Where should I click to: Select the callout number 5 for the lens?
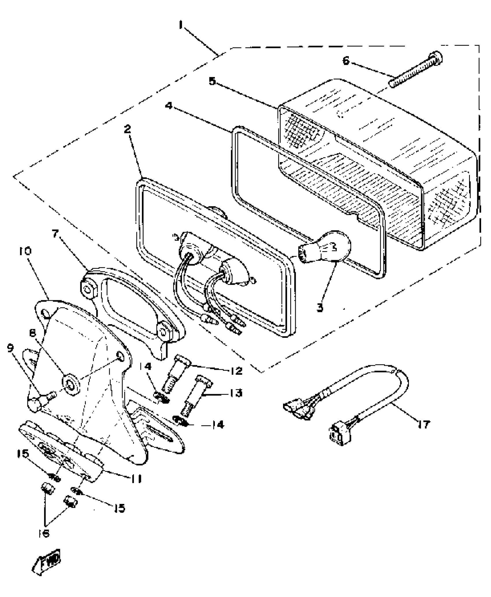click(x=212, y=81)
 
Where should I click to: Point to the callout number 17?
click(x=423, y=424)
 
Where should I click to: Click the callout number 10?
click(x=25, y=251)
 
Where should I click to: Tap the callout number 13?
click(x=236, y=393)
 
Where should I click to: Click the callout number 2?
click(x=127, y=129)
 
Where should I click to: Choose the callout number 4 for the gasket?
click(x=169, y=106)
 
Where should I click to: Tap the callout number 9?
click(x=11, y=348)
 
